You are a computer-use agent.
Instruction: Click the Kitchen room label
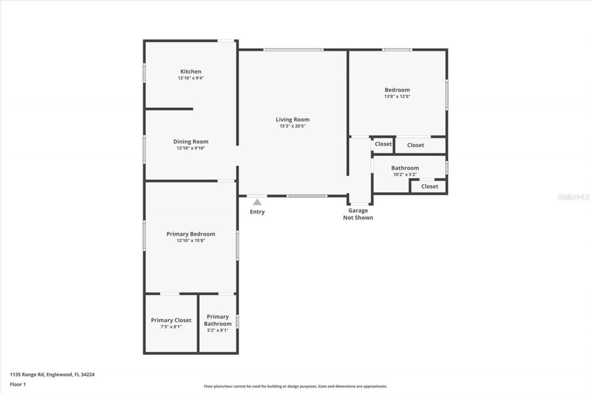click(x=191, y=72)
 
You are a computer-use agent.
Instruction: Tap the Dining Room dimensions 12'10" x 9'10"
click(x=191, y=148)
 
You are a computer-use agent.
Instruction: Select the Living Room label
click(x=293, y=120)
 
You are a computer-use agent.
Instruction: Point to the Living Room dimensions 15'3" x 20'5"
click(x=293, y=126)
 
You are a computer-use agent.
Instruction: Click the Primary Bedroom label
click(x=191, y=234)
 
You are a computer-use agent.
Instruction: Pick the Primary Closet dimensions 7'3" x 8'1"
click(x=171, y=327)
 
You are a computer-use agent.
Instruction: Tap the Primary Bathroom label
click(x=217, y=320)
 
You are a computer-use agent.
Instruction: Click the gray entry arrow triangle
click(x=257, y=202)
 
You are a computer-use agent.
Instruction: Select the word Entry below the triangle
click(x=257, y=212)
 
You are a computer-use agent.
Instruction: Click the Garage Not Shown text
click(x=358, y=214)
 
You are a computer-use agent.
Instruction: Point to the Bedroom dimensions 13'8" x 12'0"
click(x=397, y=97)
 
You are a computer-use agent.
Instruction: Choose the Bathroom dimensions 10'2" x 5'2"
click(x=405, y=175)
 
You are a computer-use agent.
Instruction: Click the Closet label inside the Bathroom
click(x=429, y=186)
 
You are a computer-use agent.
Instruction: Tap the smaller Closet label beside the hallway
click(x=383, y=144)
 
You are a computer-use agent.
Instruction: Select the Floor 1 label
click(x=18, y=384)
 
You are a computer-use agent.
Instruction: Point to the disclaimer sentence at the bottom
click(x=295, y=386)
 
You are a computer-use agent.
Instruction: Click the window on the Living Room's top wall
click(x=293, y=49)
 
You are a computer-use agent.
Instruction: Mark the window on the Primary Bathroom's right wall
click(x=237, y=321)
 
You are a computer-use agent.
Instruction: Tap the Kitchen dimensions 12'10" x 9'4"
click(x=191, y=78)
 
